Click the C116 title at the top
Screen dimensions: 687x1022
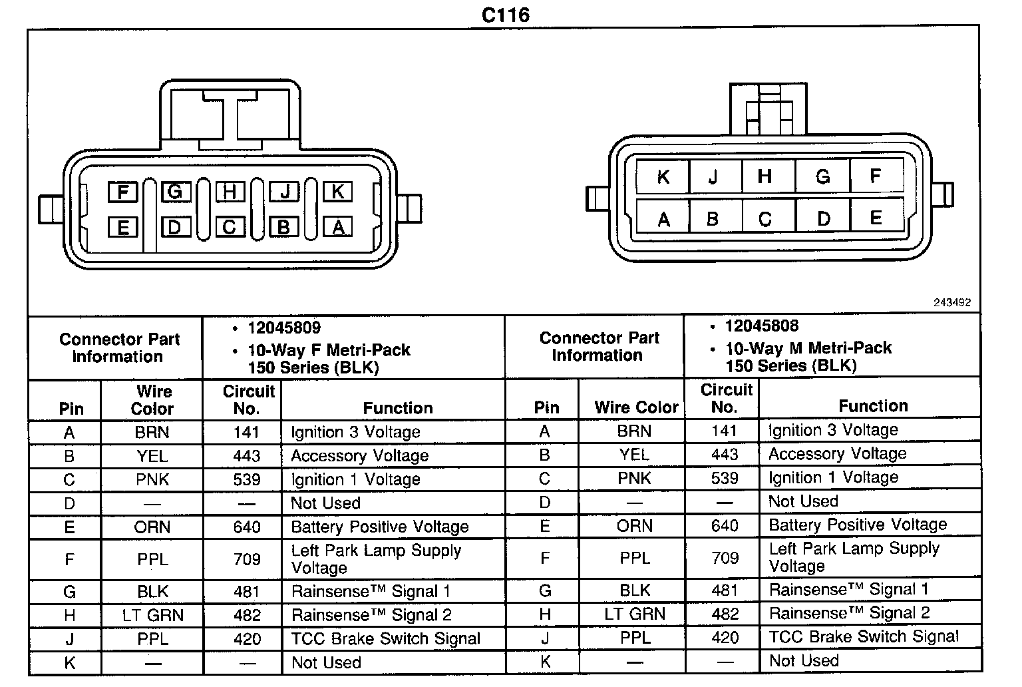click(x=506, y=15)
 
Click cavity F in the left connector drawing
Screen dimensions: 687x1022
click(x=122, y=192)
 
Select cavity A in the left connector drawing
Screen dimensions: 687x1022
click(x=337, y=228)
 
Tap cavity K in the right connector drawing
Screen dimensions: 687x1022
click(x=663, y=177)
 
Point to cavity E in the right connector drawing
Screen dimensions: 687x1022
click(x=876, y=218)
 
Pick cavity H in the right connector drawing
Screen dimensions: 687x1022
click(x=765, y=176)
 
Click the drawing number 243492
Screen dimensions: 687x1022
click(x=951, y=302)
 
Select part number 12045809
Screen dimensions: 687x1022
click(x=284, y=328)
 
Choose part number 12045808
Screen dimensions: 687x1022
click(x=762, y=326)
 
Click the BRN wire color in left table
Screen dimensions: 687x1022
click(x=152, y=433)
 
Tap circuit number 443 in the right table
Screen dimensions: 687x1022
click(x=725, y=455)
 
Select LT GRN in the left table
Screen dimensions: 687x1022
click(x=153, y=615)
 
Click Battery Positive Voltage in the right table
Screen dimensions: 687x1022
click(x=858, y=525)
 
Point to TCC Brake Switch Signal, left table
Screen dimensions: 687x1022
click(x=386, y=639)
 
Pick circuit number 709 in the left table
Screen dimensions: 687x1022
click(x=247, y=559)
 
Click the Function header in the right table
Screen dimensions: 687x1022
click(x=873, y=406)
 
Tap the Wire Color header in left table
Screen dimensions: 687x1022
click(x=152, y=400)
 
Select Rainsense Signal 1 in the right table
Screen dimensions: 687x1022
click(x=848, y=590)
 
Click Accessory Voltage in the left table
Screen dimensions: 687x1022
click(x=360, y=456)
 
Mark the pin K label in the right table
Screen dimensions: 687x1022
click(x=546, y=662)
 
